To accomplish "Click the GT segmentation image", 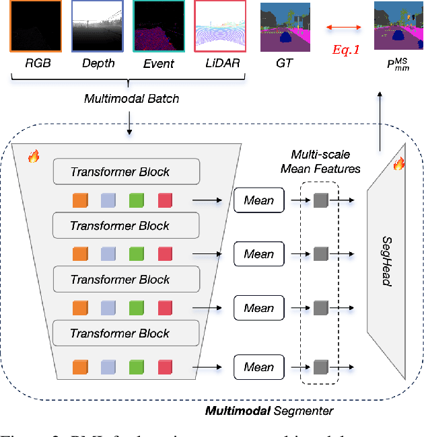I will pos(285,27).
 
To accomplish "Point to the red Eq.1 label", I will pos(349,50).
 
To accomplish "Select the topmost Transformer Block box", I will pos(127,172).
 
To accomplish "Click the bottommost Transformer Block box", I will pos(127,333).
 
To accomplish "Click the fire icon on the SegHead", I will pos(398,163).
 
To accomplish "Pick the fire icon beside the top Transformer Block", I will pos(34,157).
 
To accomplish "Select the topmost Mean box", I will pos(258,200).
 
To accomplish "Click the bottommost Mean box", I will pos(258,367).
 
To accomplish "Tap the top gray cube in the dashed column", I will pos(319,200).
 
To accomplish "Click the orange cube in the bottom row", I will pos(80,367).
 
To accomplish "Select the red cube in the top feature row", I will pos(165,200).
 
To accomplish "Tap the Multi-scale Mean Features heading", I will pos(320,161).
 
